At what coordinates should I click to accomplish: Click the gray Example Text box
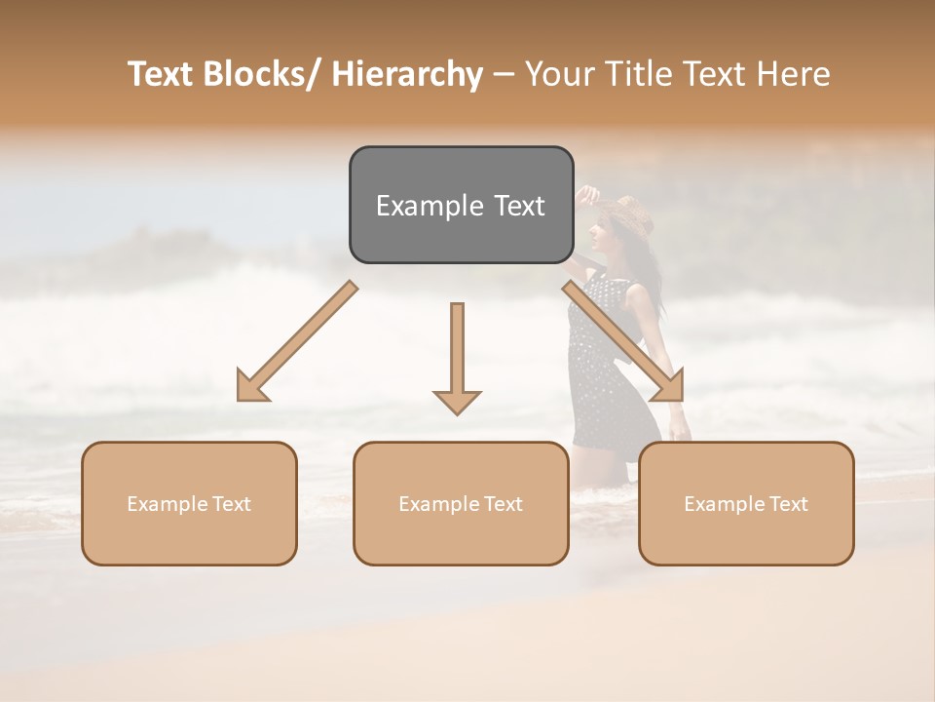tap(461, 205)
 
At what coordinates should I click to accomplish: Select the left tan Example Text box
tap(189, 503)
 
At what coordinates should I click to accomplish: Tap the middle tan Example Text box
tap(461, 503)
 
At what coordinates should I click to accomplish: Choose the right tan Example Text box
tap(746, 503)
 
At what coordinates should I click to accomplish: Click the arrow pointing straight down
tap(457, 356)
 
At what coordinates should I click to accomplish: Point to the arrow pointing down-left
tap(297, 341)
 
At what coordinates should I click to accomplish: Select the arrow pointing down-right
tap(623, 341)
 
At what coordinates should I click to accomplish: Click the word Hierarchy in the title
tap(406, 74)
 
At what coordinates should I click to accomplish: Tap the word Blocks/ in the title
tap(266, 74)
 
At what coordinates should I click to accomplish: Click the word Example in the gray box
tap(426, 206)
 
